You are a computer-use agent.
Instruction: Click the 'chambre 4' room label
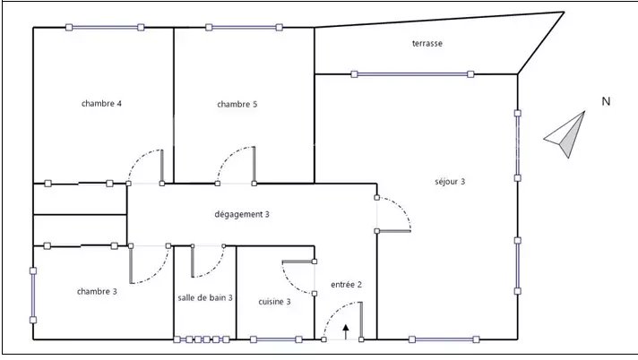click(101, 103)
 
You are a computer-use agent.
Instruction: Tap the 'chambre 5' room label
click(237, 104)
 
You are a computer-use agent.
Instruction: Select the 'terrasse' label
click(427, 43)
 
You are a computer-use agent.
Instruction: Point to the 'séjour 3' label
click(450, 182)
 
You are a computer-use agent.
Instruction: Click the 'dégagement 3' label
click(242, 214)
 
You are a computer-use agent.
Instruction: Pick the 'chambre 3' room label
click(97, 291)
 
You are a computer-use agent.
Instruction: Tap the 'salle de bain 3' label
click(205, 298)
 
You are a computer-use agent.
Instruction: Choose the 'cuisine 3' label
click(275, 302)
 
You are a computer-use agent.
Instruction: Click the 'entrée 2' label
click(346, 285)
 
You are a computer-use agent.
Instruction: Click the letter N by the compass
click(607, 101)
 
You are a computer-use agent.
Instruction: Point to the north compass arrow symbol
click(565, 134)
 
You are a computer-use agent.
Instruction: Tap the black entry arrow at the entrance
click(346, 332)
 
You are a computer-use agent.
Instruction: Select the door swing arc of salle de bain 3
click(216, 269)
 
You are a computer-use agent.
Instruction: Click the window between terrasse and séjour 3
click(412, 74)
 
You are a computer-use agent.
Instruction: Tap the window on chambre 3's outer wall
click(33, 296)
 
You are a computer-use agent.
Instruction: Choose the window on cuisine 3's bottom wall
click(276, 339)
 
